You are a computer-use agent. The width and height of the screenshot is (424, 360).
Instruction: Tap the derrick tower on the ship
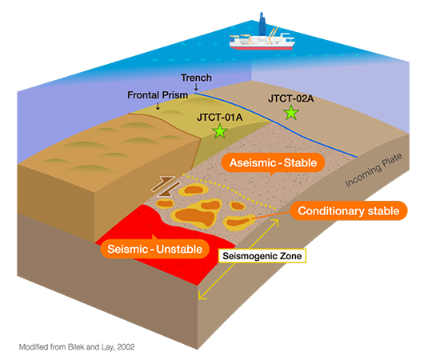[x=263, y=23]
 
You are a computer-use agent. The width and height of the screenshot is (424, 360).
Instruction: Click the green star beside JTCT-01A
[x=220, y=132]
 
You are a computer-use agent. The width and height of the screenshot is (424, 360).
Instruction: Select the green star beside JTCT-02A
[x=292, y=113]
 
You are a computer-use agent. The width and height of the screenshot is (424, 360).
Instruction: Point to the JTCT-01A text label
[x=219, y=116]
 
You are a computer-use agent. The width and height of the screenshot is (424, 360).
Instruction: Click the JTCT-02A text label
[x=292, y=98]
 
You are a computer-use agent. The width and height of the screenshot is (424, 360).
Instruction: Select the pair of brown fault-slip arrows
[x=165, y=186]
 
